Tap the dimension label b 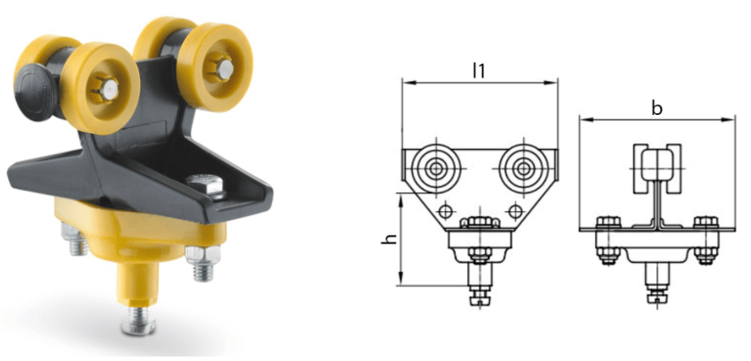(x=656, y=109)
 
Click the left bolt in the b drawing (x=607, y=239)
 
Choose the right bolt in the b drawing (x=706, y=239)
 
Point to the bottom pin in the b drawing (x=656, y=290)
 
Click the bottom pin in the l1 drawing (x=479, y=290)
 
